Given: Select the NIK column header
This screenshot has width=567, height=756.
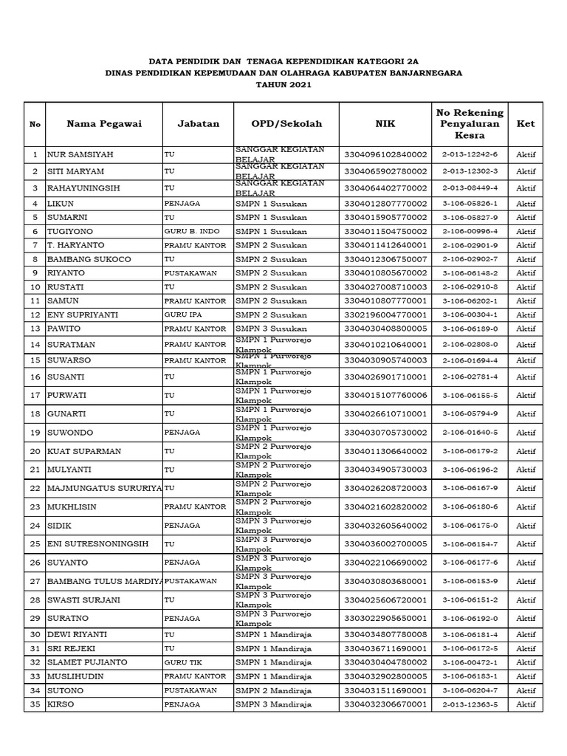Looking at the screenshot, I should pos(385,124).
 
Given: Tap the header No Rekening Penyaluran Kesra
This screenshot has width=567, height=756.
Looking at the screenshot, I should pos(470,124).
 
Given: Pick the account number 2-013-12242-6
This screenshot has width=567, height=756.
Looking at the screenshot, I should pos(470,154).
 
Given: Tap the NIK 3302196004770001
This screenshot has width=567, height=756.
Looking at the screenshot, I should pos(385,315).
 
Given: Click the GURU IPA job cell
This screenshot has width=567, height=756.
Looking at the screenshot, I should pos(179,315).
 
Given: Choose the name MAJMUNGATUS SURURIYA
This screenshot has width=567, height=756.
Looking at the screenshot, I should pos(104,488).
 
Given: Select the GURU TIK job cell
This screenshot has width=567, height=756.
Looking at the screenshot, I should pos(179,662).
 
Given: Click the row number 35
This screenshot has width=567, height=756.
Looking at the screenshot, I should pos(35,704).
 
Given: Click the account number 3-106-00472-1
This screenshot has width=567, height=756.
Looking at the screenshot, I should pos(470,662).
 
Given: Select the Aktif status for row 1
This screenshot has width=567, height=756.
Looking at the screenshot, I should pos(526,154).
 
